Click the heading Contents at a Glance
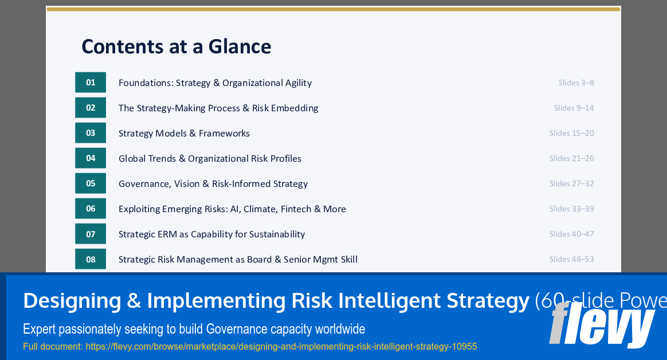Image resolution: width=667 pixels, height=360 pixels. (x=176, y=46)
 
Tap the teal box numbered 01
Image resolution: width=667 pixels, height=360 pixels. (x=91, y=83)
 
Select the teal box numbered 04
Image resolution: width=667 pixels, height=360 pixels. (x=91, y=158)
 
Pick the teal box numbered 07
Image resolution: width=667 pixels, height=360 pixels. (x=91, y=234)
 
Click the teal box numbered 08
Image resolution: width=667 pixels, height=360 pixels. (x=91, y=259)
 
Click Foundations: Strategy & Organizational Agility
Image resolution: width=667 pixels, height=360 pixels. (x=215, y=83)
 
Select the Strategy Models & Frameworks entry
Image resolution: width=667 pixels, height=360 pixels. (x=184, y=133)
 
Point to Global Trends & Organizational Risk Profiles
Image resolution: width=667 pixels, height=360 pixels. (x=210, y=158)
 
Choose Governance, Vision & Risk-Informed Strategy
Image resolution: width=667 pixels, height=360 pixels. (x=213, y=183)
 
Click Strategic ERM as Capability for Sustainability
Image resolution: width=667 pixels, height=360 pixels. (x=211, y=234)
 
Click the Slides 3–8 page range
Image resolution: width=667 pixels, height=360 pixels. (x=576, y=83)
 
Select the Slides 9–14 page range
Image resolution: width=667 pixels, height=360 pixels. (x=574, y=108)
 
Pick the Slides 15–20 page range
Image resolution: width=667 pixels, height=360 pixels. (x=571, y=133)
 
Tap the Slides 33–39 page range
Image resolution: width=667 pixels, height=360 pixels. (x=571, y=209)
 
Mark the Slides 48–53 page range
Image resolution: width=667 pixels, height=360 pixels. (x=571, y=259)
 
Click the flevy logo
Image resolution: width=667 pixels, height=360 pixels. (x=602, y=324)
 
